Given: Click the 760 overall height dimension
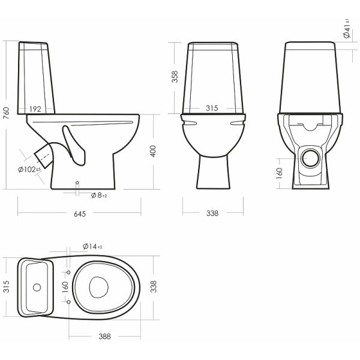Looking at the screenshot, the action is pyautogui.click(x=6, y=113).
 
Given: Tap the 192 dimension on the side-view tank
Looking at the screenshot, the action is pyautogui.click(x=35, y=109).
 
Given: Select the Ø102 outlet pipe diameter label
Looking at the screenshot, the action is pyautogui.click(x=29, y=169).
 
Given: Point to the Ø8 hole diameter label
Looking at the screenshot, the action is pyautogui.click(x=99, y=196).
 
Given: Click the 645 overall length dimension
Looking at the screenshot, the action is pyautogui.click(x=80, y=214).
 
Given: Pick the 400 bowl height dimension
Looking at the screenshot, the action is pyautogui.click(x=153, y=151).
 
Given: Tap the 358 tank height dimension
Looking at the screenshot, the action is pyautogui.click(x=175, y=77).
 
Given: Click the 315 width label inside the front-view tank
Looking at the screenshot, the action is pyautogui.click(x=212, y=108).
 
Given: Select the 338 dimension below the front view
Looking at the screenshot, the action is pyautogui.click(x=212, y=213).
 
